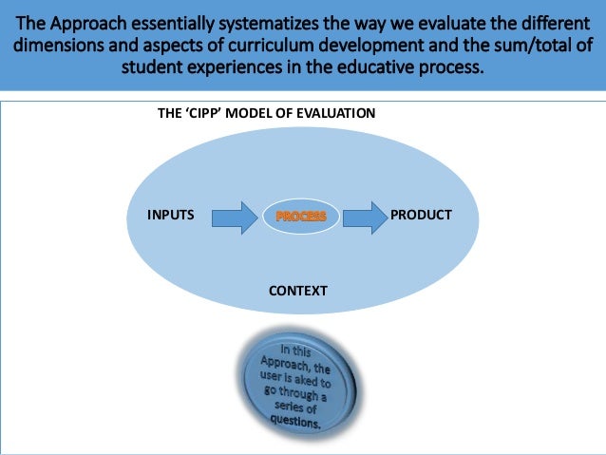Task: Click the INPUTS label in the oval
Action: (171, 216)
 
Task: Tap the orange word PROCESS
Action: (301, 217)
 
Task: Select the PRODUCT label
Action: (421, 216)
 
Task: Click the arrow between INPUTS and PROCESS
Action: (232, 218)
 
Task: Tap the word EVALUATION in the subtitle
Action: (335, 113)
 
